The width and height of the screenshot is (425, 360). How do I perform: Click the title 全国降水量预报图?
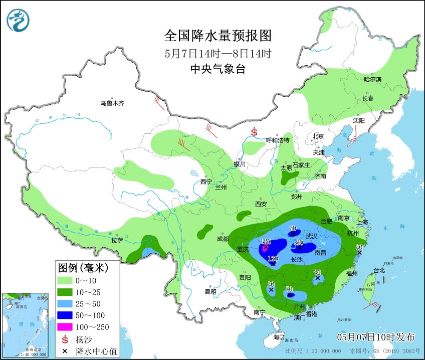(218, 36)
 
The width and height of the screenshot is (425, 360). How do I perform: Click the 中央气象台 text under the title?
(218, 69)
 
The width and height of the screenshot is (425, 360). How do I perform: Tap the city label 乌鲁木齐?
(111, 103)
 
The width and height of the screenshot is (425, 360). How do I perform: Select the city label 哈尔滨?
(372, 79)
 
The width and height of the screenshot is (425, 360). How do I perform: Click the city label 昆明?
(210, 291)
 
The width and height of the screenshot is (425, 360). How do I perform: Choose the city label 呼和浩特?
(278, 140)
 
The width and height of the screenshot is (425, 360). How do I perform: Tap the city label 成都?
(223, 239)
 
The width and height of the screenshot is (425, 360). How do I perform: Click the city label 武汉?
(311, 236)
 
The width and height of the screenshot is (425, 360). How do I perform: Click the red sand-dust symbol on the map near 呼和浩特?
(254, 132)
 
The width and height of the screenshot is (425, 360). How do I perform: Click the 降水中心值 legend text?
(94, 350)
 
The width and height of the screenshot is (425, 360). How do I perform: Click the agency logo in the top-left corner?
(18, 20)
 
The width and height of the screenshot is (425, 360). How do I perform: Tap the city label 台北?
(379, 270)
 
